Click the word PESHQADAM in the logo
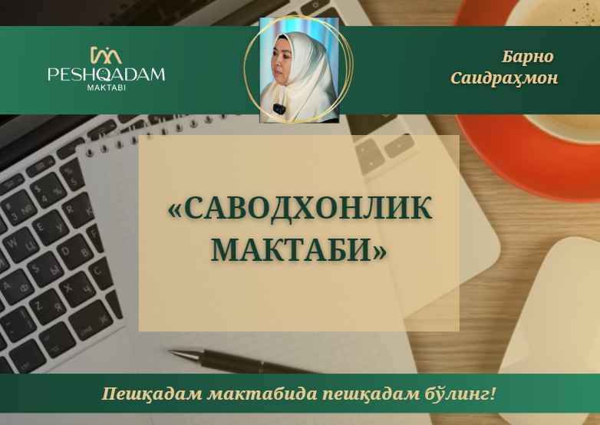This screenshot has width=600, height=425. tap(106, 74)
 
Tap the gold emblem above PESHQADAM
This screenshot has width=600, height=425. tap(106, 54)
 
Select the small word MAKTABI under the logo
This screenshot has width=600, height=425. tap(107, 87)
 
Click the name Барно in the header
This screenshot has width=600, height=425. tap(527, 57)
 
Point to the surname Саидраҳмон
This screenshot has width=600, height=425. tap(504, 78)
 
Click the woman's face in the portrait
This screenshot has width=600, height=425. tap(282, 64)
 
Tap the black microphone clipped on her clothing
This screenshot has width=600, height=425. tap(279, 109)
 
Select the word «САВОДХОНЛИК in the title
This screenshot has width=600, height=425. tap(300, 208)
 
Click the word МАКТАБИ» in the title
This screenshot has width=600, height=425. tap(298, 249)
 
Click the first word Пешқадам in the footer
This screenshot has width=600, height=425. tap(152, 394)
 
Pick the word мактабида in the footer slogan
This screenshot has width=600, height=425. tap(262, 394)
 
